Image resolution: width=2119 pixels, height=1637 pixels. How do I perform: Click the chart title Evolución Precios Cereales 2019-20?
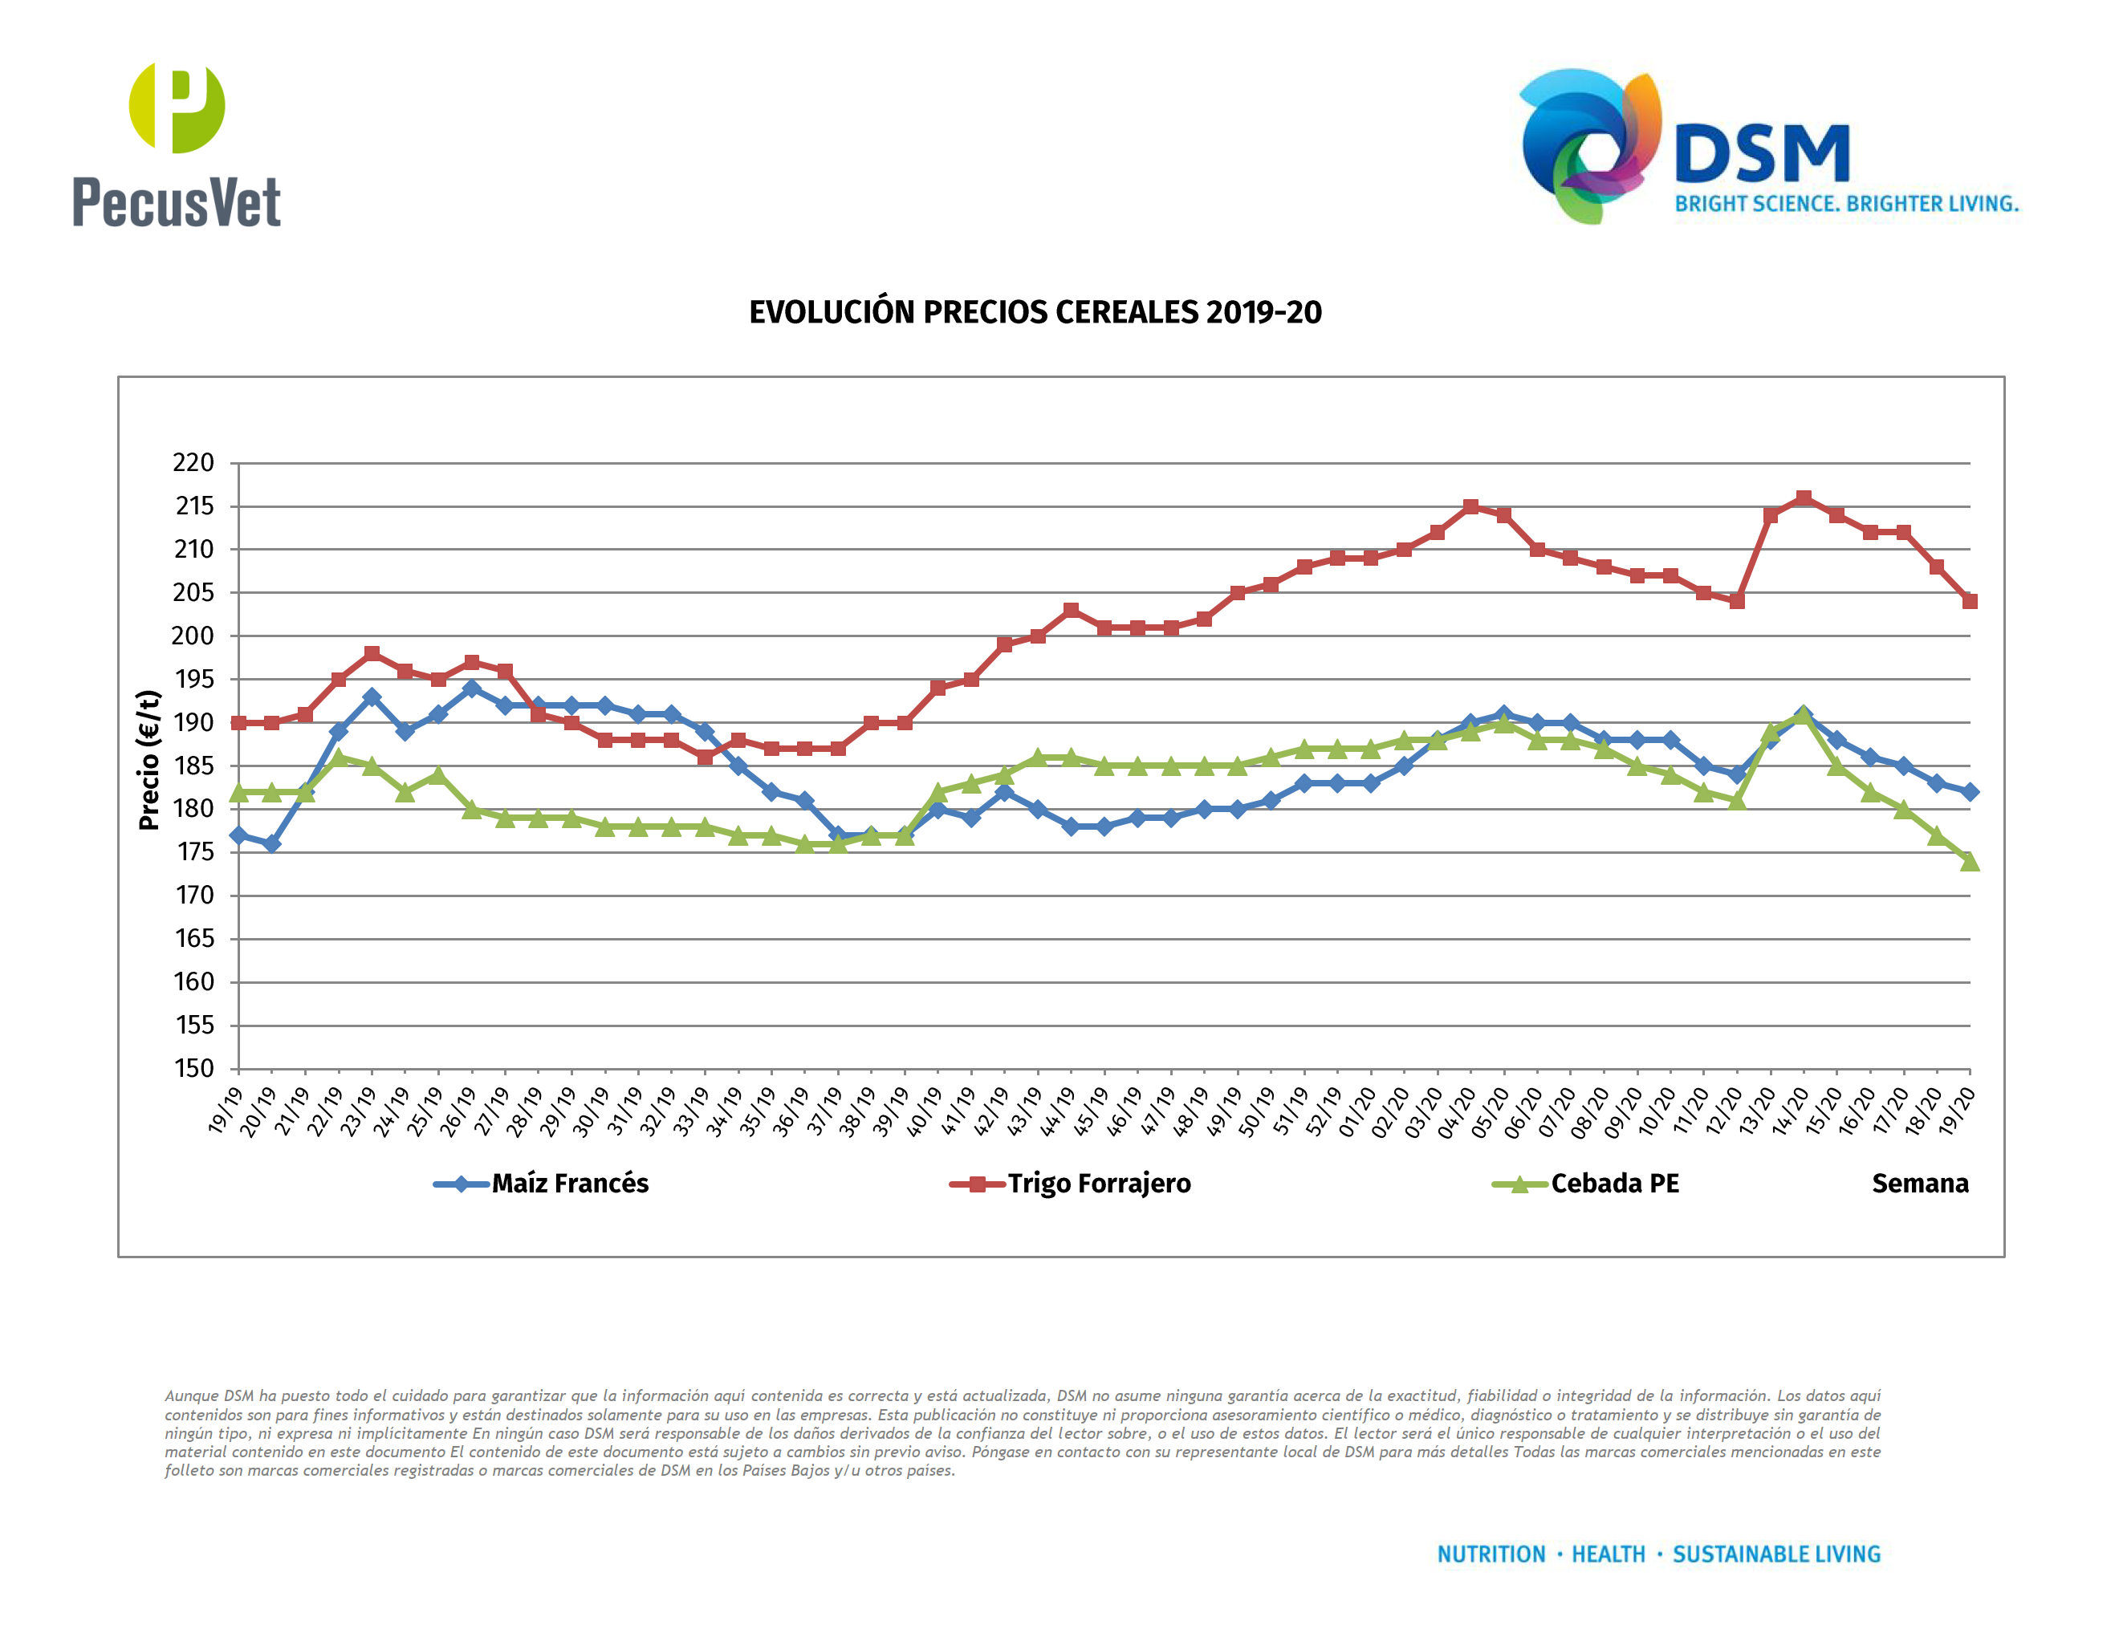(x=1035, y=312)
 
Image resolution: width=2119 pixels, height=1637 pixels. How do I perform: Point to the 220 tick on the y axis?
(x=193, y=462)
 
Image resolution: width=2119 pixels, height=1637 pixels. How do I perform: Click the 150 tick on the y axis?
(x=193, y=1068)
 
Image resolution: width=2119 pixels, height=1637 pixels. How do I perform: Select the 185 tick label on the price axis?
(x=193, y=766)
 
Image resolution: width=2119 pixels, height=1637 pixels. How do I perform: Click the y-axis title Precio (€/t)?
(x=148, y=759)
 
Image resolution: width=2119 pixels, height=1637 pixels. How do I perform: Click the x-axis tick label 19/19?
(x=225, y=1110)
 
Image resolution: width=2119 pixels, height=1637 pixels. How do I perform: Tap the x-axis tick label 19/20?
(x=1956, y=1110)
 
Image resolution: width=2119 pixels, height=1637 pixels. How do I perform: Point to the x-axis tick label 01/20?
(x=1357, y=1110)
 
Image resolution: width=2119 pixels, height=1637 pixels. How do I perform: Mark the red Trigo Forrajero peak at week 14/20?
(x=1804, y=498)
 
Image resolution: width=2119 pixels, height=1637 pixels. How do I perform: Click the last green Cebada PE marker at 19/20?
(x=1970, y=861)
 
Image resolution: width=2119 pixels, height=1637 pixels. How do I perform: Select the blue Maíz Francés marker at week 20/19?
(x=271, y=843)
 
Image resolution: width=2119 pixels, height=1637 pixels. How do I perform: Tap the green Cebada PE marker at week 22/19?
(x=339, y=758)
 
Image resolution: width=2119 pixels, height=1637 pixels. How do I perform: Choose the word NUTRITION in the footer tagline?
(x=1491, y=1554)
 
